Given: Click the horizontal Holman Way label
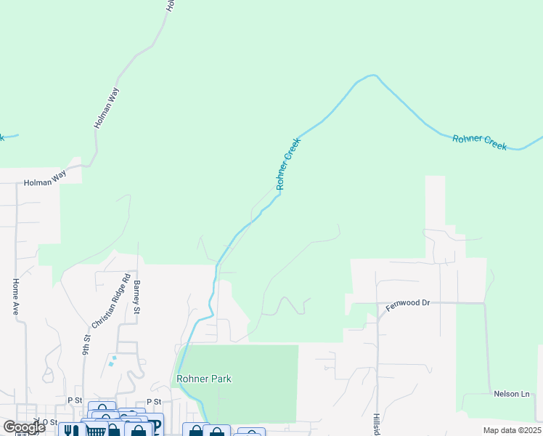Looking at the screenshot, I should coord(45,182).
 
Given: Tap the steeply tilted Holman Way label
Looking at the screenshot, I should coord(107,109).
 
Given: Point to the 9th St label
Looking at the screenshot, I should coord(86,343).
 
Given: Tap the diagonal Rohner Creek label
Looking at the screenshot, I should coord(287,164).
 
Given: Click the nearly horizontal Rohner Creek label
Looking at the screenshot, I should coord(479,142).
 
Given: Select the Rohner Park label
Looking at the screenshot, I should coord(204,379).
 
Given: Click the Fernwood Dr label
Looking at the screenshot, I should coord(408,303).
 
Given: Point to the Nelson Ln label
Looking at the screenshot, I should coord(512,394).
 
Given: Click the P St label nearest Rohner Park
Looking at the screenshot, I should coord(153,401).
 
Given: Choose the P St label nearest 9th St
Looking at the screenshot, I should coord(74,400).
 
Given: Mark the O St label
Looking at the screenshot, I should coord(49,421).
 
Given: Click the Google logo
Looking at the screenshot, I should coord(23,427).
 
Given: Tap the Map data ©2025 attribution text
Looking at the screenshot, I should coord(512,430).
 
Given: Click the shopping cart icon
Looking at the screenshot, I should coord(96,431).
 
